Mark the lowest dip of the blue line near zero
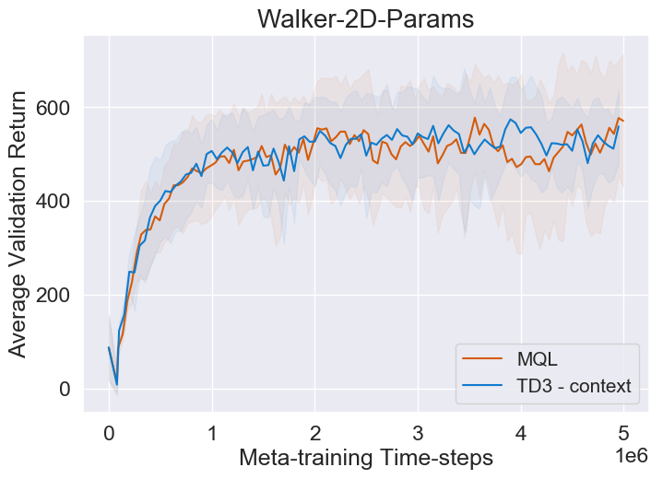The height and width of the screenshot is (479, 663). pos(116,384)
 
